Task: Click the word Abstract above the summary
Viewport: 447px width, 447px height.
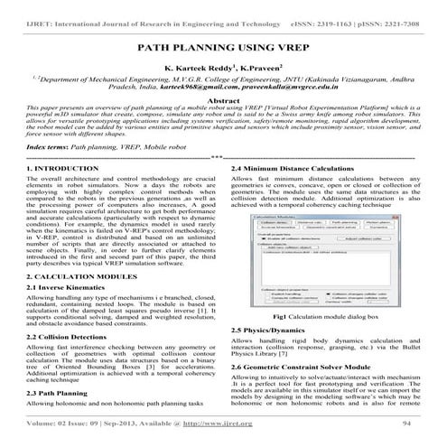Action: tap(222, 102)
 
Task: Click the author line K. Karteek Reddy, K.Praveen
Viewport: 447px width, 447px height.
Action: tap(222, 68)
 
